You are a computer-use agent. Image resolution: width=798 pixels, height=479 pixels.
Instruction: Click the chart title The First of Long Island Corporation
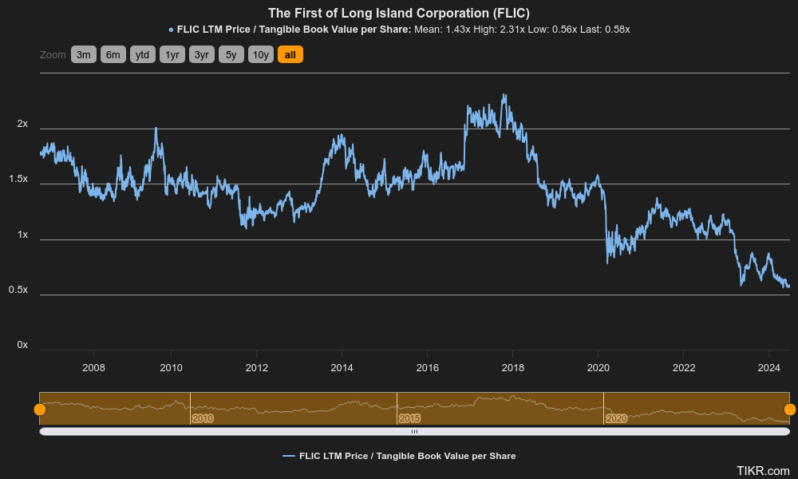point(398,13)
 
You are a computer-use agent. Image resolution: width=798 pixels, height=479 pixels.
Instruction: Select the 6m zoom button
point(113,54)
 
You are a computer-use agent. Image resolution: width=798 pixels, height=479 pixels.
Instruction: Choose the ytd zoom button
point(143,54)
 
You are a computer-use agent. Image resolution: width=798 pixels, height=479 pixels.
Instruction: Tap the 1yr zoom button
point(172,54)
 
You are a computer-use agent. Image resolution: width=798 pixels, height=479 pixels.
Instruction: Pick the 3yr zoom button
point(202,54)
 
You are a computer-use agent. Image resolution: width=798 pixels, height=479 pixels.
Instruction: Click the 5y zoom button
point(231,54)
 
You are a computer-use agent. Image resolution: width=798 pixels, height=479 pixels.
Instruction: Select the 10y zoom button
point(261,54)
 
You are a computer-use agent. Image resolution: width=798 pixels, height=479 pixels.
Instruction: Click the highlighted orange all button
point(290,54)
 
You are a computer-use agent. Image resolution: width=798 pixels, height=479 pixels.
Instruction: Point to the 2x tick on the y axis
point(22,125)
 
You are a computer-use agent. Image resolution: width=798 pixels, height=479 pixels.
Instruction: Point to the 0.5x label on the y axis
point(18,290)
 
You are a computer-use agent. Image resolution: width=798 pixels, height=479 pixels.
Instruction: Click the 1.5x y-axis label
point(18,180)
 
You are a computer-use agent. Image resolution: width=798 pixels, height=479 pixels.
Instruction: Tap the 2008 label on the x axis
point(94,367)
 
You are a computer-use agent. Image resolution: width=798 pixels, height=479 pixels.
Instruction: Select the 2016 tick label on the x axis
point(427,367)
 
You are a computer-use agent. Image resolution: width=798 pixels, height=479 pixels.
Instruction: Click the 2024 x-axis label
point(768,367)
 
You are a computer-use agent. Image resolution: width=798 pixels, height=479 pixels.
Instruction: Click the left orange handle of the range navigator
point(40,410)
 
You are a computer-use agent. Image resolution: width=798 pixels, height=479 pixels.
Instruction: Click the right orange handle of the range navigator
point(790,410)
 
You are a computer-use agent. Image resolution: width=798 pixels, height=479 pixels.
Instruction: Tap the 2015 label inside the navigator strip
point(409,418)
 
